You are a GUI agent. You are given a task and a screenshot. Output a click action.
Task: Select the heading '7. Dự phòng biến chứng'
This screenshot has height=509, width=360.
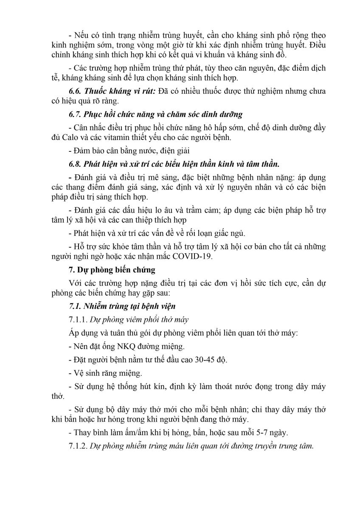[x=112, y=270]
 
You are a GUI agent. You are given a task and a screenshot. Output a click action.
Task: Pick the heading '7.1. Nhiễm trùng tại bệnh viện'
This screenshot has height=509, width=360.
[x=122, y=306]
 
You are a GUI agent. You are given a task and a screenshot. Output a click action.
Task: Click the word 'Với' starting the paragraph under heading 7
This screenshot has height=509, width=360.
[x=75, y=283]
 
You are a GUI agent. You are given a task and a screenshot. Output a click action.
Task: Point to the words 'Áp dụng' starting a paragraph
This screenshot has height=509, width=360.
[x=82, y=333]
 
